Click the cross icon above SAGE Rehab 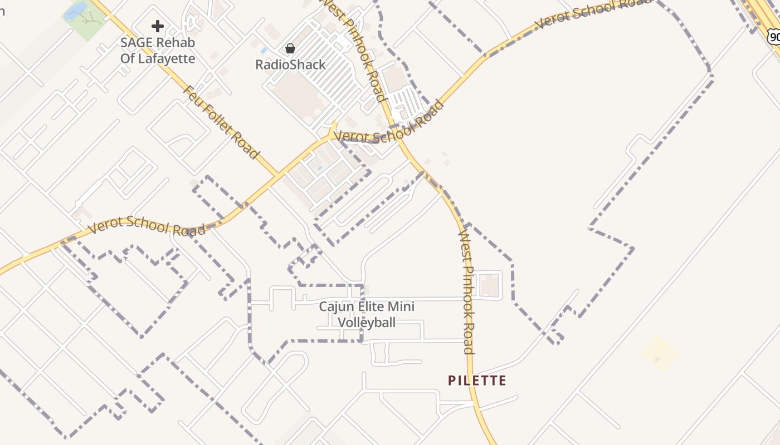tap(158, 26)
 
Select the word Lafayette tap(166, 58)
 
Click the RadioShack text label tap(290, 65)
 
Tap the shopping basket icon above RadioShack tap(290, 48)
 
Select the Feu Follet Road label tap(221, 122)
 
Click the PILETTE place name tap(477, 380)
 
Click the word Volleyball tap(367, 322)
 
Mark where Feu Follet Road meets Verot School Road tap(277, 175)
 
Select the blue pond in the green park tap(75, 11)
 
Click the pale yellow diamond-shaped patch tap(659, 353)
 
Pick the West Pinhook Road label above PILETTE tap(466, 292)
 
